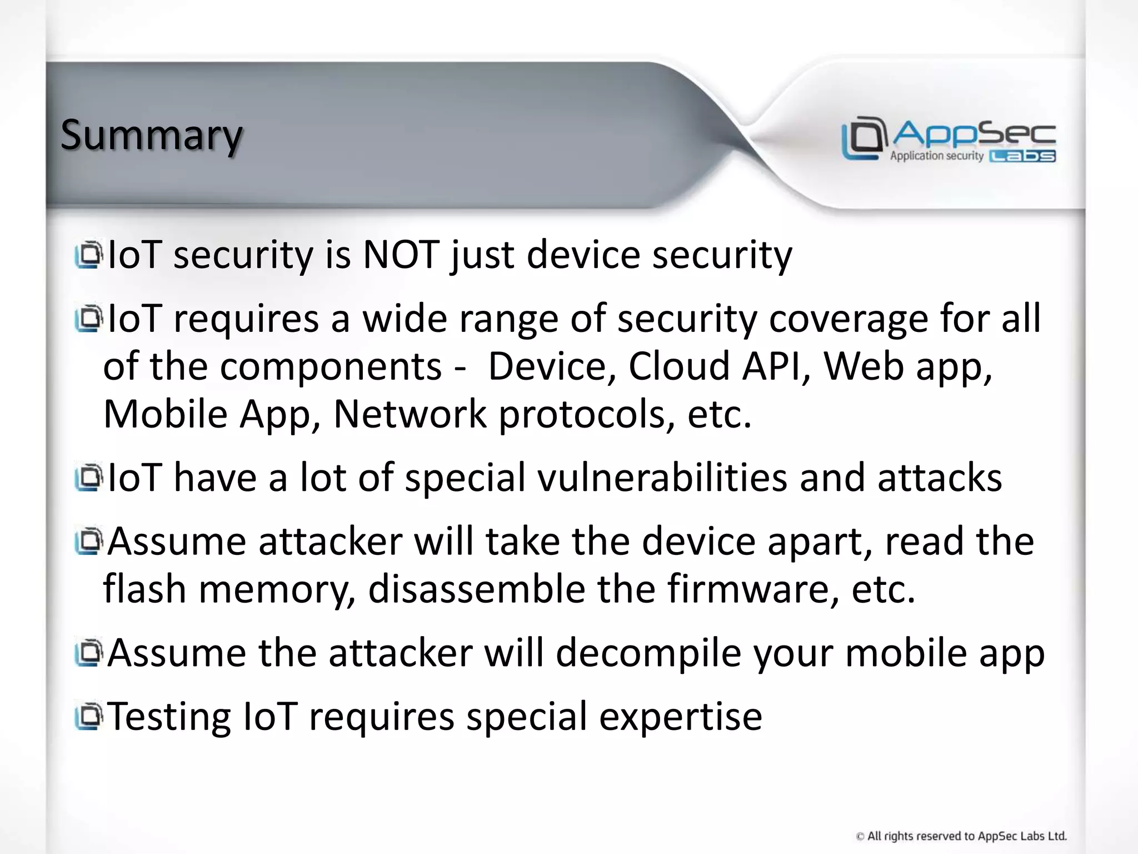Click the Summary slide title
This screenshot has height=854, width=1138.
(151, 135)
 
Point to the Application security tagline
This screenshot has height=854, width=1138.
(936, 156)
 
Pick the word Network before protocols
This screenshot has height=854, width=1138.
(410, 414)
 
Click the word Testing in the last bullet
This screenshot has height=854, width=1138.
(169, 717)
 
